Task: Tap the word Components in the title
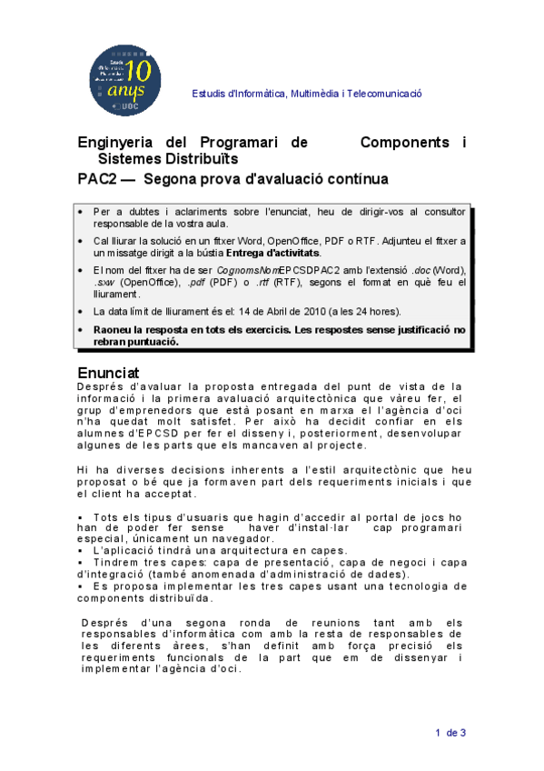pyautogui.click(x=405, y=143)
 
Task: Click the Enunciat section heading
pyautogui.click(x=107, y=373)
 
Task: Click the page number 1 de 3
pyautogui.click(x=450, y=733)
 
